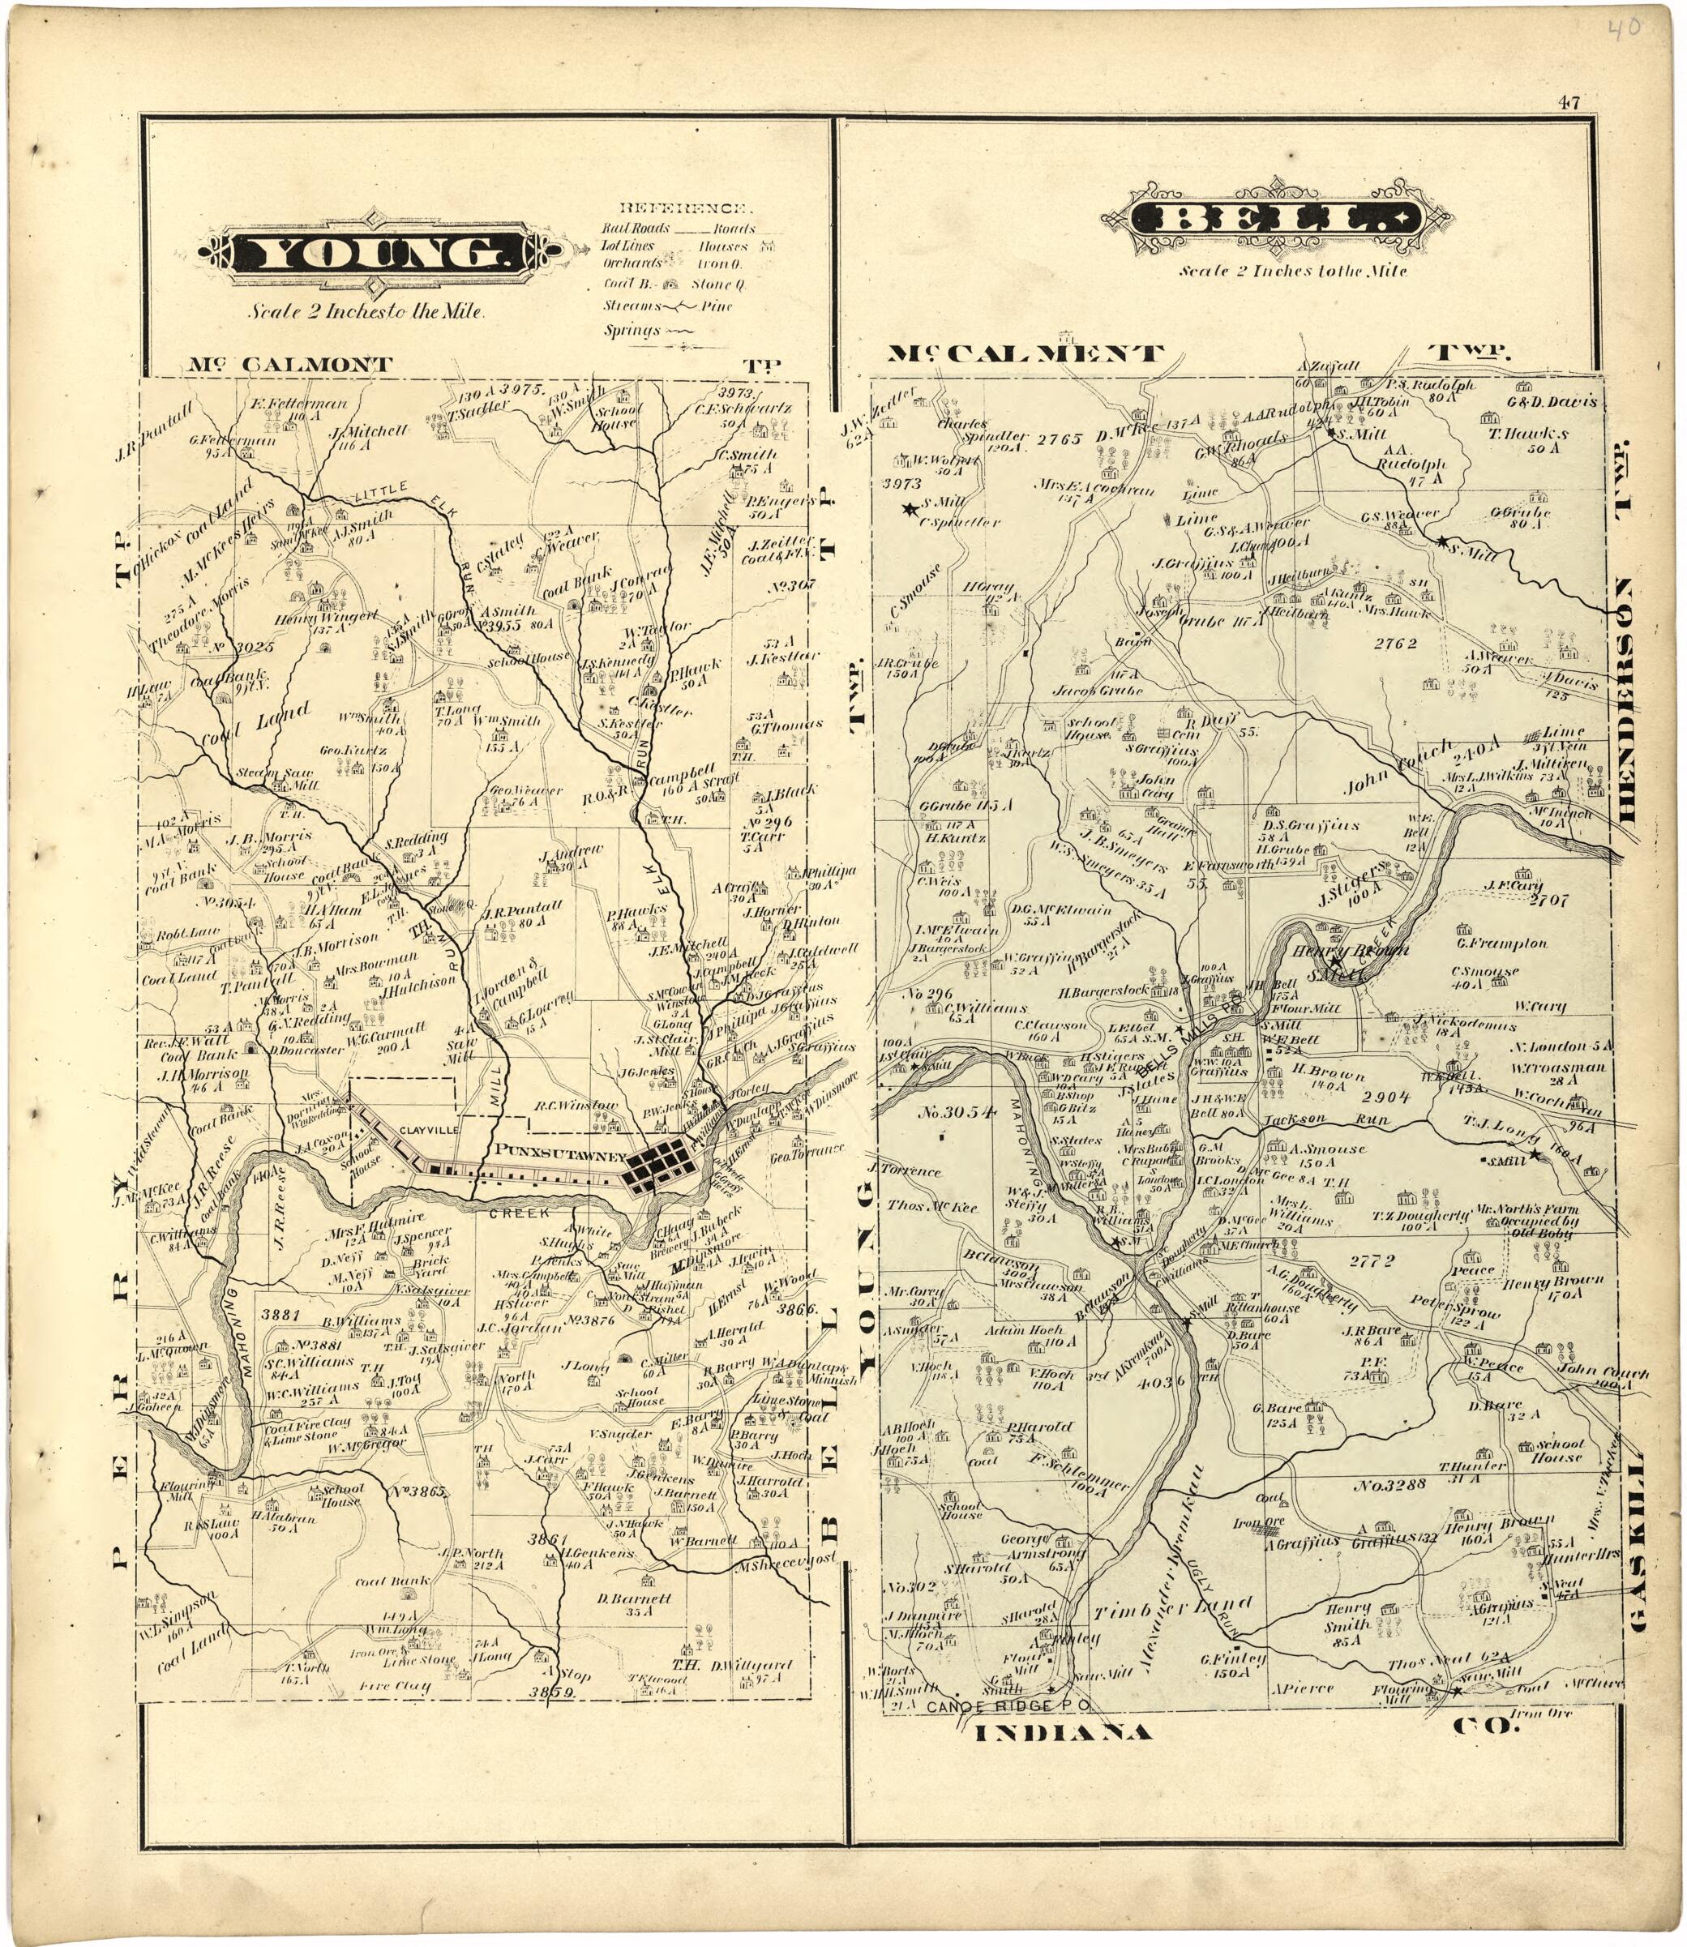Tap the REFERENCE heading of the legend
[683, 208]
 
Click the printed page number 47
[1569, 103]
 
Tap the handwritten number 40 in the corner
[1627, 28]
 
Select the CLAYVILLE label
[428, 1130]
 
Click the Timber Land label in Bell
[1173, 1609]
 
